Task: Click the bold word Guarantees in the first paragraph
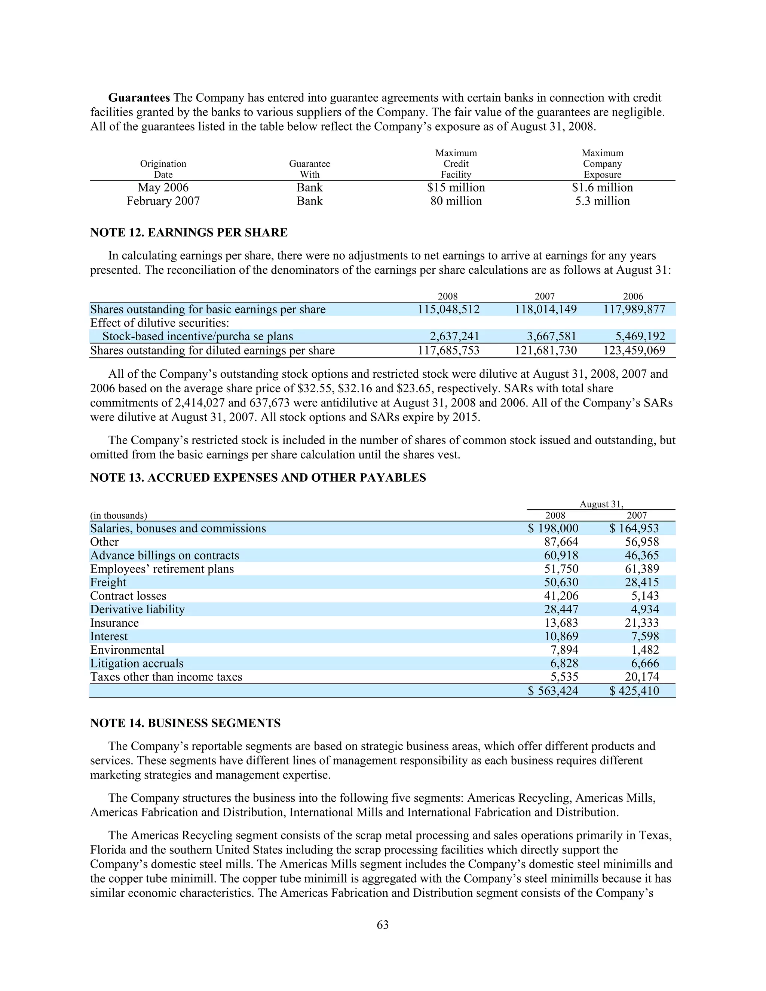pyautogui.click(x=139, y=98)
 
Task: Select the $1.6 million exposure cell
pyautogui.click(x=602, y=187)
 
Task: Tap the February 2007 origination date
pyautogui.click(x=163, y=201)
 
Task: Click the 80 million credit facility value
pyautogui.click(x=456, y=201)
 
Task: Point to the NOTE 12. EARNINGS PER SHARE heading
pyautogui.click(x=189, y=233)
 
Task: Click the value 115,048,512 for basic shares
pyautogui.click(x=448, y=310)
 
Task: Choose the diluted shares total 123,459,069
pyautogui.click(x=634, y=350)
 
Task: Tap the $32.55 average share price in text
pyautogui.click(x=315, y=389)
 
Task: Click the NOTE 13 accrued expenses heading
pyautogui.click(x=258, y=478)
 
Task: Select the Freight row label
pyautogui.click(x=108, y=583)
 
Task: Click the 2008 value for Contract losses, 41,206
pyautogui.click(x=561, y=596)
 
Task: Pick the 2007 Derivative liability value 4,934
pyautogui.click(x=644, y=610)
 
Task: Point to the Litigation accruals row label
pyautogui.click(x=137, y=663)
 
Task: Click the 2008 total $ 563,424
pyautogui.click(x=553, y=691)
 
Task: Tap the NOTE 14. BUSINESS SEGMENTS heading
pyautogui.click(x=185, y=723)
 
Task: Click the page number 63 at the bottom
pyautogui.click(x=383, y=925)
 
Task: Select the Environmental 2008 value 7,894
pyautogui.click(x=564, y=650)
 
